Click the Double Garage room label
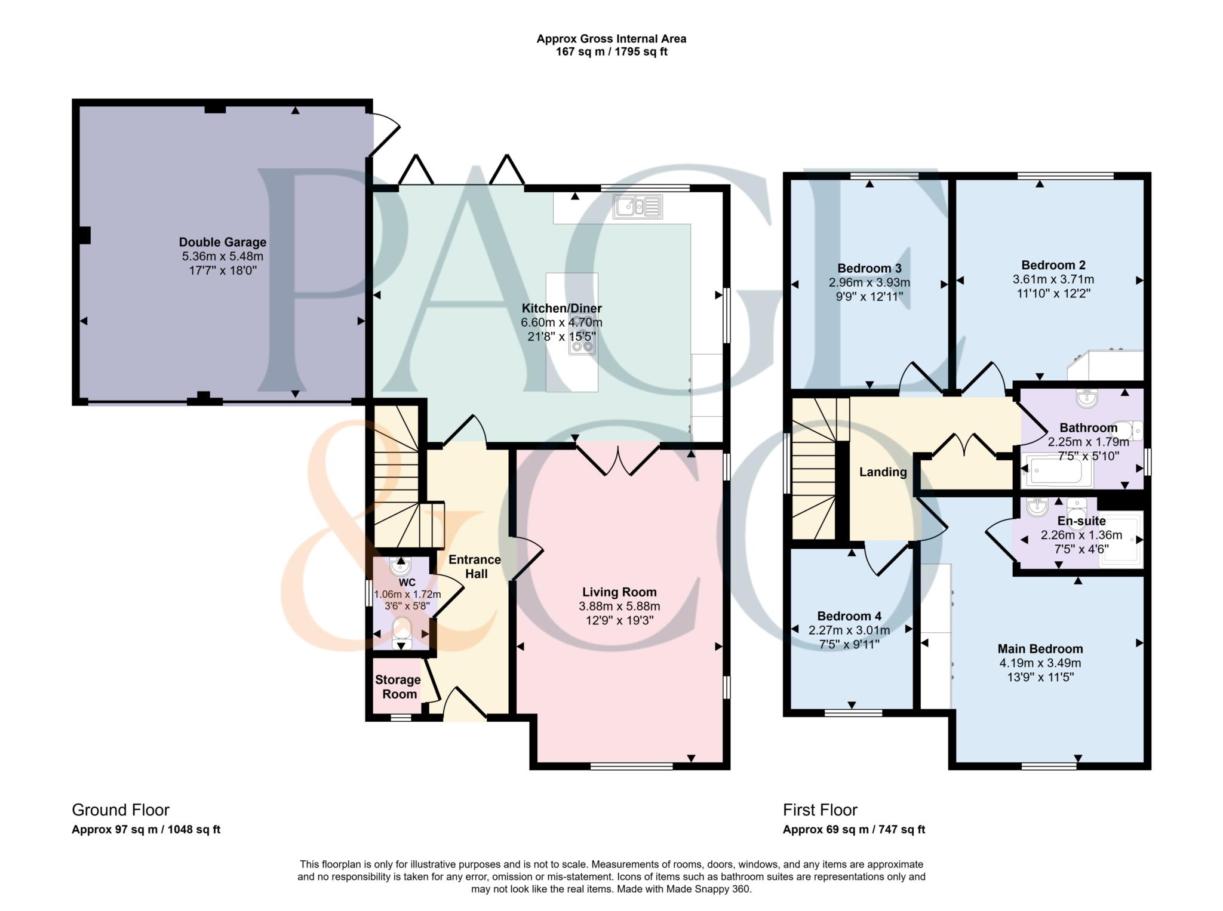click(x=223, y=242)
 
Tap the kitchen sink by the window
click(x=637, y=207)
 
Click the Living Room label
click(x=619, y=592)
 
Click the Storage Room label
click(x=398, y=687)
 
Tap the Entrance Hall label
click(x=475, y=567)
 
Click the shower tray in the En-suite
click(x=1121, y=537)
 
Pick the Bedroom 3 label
click(x=869, y=268)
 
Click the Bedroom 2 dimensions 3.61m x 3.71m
click(x=1053, y=279)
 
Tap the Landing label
click(x=883, y=472)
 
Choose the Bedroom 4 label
click(x=849, y=616)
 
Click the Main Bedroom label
click(x=1040, y=649)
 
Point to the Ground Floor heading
click(x=121, y=810)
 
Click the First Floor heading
click(x=820, y=810)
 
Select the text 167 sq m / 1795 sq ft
click(x=611, y=52)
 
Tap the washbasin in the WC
click(x=400, y=565)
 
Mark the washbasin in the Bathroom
click(x=1087, y=399)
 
